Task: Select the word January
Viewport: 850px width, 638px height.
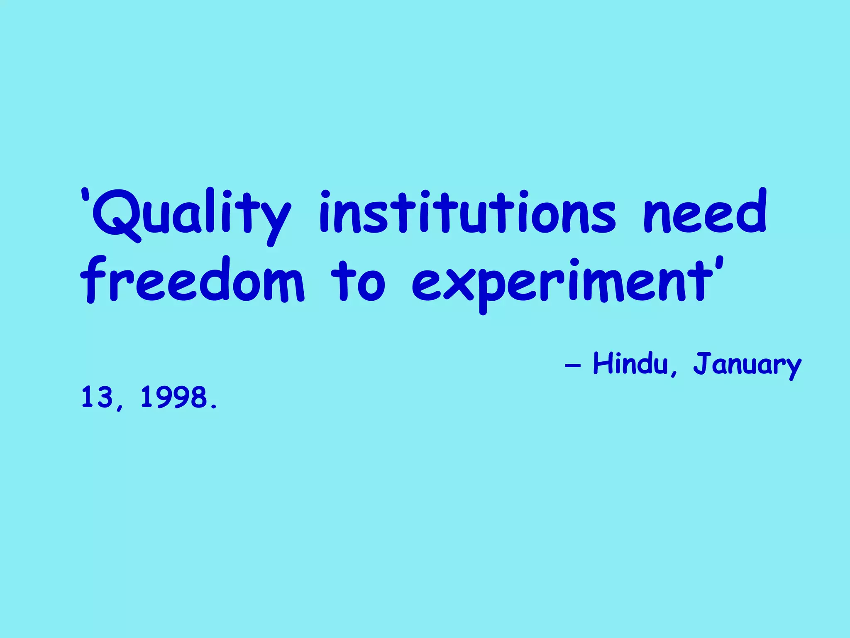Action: pos(747,365)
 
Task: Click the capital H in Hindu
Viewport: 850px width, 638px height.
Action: pos(603,363)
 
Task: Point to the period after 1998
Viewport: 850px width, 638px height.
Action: pos(214,406)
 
